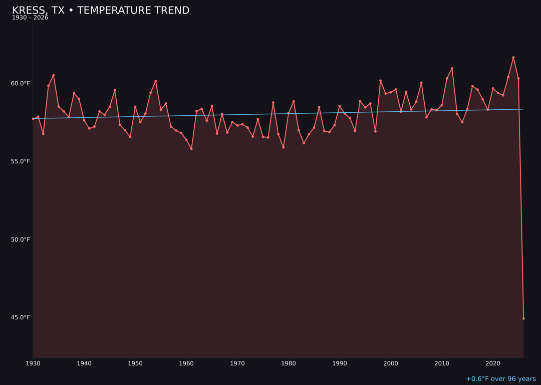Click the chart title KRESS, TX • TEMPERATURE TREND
click(101, 11)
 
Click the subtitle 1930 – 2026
click(30, 18)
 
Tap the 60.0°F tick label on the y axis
click(21, 83)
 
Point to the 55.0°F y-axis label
click(21, 161)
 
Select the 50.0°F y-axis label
click(21, 240)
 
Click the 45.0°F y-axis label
click(21, 317)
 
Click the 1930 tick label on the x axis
click(33, 363)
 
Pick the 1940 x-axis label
click(84, 363)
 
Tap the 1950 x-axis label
click(135, 363)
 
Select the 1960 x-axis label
click(186, 363)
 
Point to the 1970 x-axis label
click(237, 363)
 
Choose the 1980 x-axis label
click(289, 363)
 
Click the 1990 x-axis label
click(340, 363)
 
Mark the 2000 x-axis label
click(391, 363)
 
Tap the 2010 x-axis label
click(442, 363)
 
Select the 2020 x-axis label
click(493, 363)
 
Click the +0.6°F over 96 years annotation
click(500, 379)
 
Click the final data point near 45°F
click(523, 318)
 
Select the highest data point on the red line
click(513, 58)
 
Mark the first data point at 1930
click(33, 119)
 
